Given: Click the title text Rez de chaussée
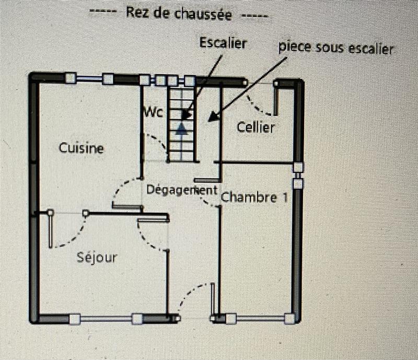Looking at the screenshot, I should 178,14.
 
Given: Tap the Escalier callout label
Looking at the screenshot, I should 223,43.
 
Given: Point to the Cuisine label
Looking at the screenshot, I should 81,148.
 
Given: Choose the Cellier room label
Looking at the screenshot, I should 256,127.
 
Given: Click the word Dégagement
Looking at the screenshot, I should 181,190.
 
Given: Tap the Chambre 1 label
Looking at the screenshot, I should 254,197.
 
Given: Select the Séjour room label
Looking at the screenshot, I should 97,257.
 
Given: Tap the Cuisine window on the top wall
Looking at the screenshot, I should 89,79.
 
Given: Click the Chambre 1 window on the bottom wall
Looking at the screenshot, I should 260,318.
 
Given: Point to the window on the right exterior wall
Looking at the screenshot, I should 297,175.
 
